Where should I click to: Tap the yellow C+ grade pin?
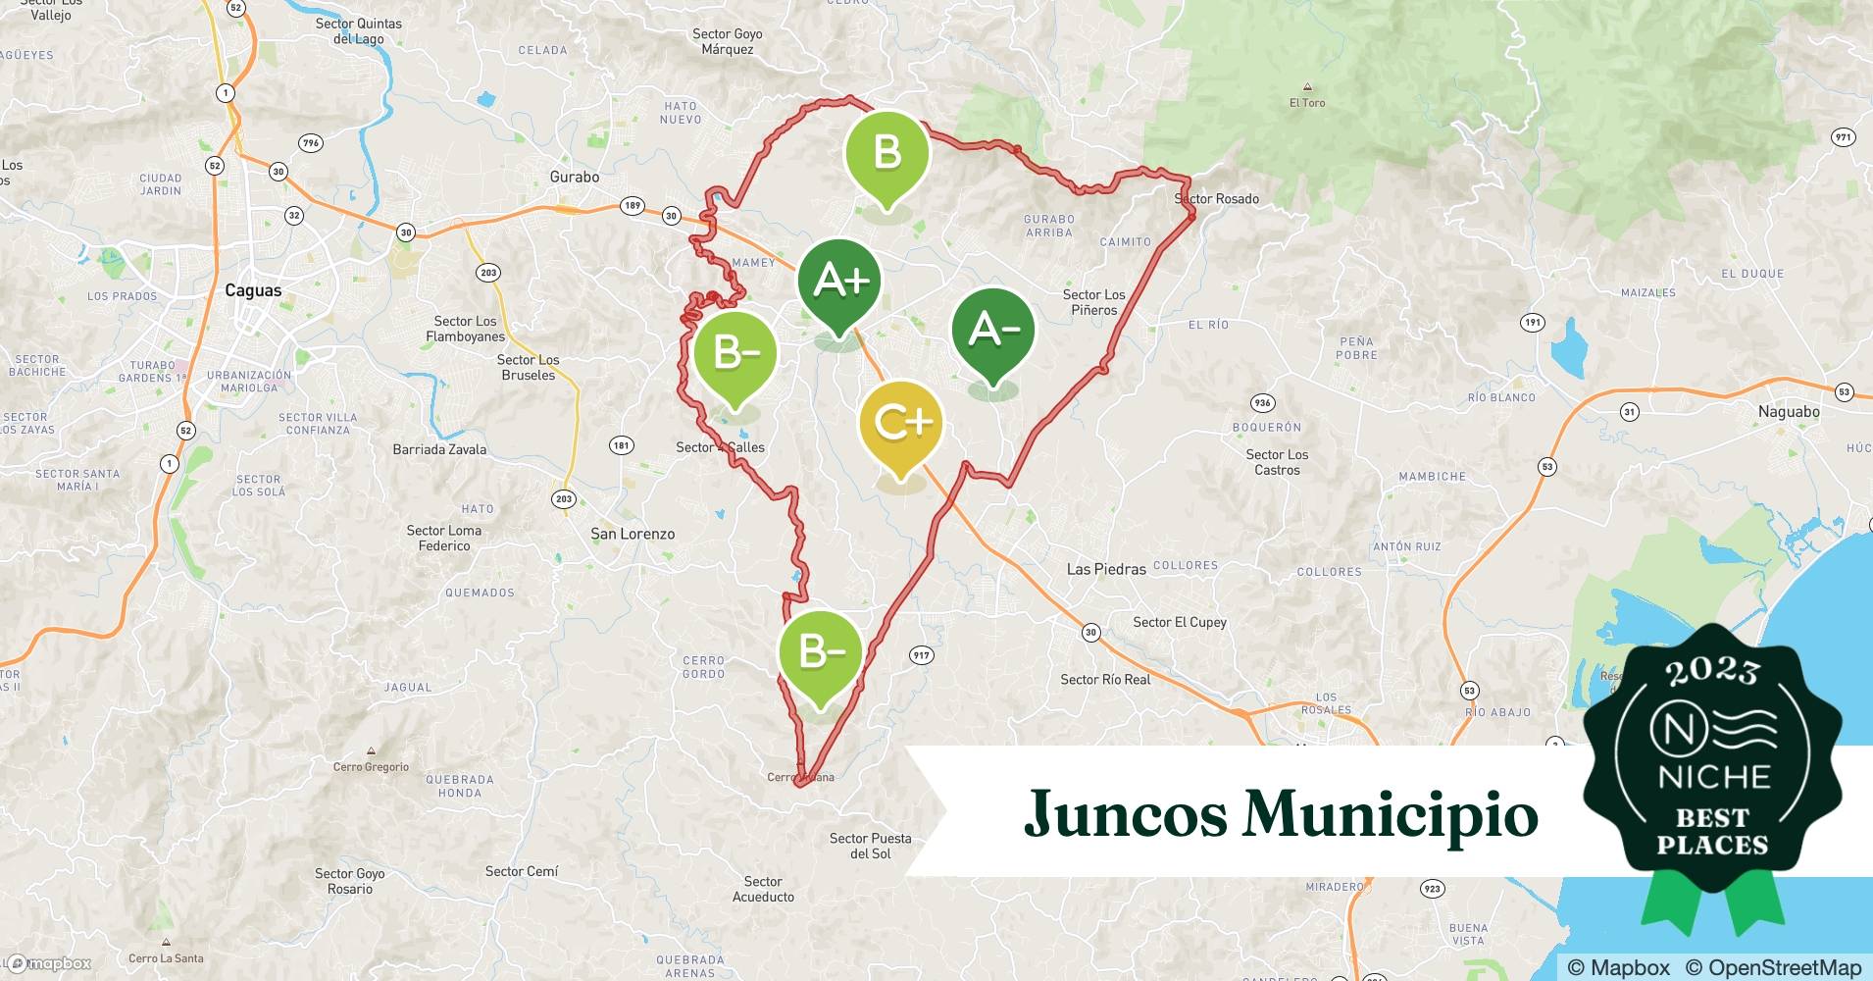click(x=900, y=424)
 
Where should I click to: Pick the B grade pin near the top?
click(x=886, y=154)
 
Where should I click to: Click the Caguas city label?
click(x=253, y=290)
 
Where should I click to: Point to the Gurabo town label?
click(x=574, y=177)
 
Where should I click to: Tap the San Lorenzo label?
click(x=633, y=534)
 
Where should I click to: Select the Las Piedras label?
click(x=1106, y=569)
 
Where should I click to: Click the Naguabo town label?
click(x=1789, y=412)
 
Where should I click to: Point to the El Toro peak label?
click(x=1307, y=102)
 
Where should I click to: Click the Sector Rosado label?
click(x=1217, y=198)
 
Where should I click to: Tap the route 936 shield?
click(x=1262, y=403)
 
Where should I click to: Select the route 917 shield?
click(x=921, y=655)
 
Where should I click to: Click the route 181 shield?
click(x=621, y=445)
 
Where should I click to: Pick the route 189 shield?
click(x=633, y=206)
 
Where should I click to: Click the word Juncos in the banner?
click(x=1126, y=814)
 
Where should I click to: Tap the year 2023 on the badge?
click(x=1711, y=670)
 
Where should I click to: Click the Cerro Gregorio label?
click(x=371, y=767)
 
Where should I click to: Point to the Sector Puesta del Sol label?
click(x=870, y=846)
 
